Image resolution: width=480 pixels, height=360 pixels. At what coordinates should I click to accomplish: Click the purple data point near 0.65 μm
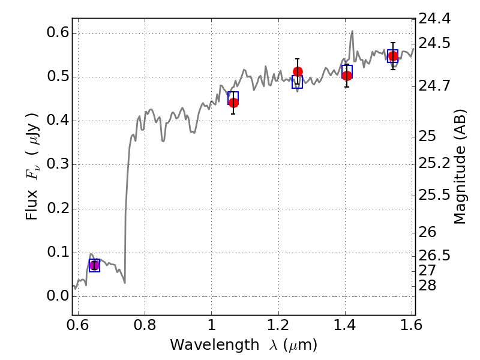click(95, 265)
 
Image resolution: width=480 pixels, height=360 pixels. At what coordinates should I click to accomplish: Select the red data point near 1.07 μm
click(233, 103)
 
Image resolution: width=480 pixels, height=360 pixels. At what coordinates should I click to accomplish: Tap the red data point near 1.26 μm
click(298, 71)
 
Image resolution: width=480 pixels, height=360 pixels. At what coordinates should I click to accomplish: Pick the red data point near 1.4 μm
click(347, 76)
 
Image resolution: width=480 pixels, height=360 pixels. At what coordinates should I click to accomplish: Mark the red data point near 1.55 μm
click(393, 56)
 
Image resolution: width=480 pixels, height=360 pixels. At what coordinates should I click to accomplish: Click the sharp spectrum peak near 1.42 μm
click(352, 31)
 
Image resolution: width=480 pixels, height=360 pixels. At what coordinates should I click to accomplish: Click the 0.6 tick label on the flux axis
click(57, 32)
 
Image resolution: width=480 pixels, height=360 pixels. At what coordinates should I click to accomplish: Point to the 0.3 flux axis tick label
click(57, 164)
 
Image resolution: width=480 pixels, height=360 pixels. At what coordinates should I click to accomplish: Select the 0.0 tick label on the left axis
click(57, 296)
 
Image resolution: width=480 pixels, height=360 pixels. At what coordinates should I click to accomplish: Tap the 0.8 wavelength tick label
click(145, 325)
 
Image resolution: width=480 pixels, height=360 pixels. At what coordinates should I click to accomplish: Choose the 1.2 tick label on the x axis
click(278, 325)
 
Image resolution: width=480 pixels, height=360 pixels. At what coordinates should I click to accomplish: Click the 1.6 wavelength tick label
click(412, 325)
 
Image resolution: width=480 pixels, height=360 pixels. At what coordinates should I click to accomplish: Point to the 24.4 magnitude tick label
click(434, 19)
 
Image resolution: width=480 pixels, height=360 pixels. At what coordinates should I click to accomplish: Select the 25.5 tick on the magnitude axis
click(434, 195)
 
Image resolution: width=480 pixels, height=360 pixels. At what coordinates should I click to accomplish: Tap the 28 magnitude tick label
click(427, 286)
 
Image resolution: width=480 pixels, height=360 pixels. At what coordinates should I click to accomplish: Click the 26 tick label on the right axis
click(427, 232)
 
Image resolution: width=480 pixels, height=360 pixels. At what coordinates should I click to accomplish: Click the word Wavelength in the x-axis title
click(215, 345)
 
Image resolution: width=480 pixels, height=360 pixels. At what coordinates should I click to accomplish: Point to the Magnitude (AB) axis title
click(459, 167)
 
